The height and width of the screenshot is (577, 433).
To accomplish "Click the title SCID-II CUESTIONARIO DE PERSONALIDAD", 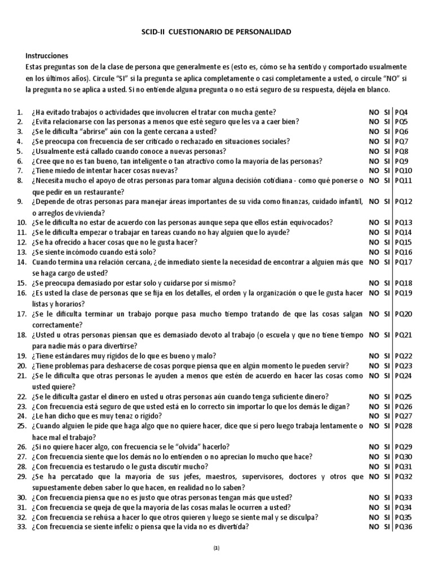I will pos(216,33).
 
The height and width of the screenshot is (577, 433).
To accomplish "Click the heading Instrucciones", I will pos(47,56).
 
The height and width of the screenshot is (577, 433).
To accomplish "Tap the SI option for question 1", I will pos(387,113).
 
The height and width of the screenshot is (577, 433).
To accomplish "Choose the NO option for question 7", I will pos(374,171).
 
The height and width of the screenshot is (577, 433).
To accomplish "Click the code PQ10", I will pos(404,171).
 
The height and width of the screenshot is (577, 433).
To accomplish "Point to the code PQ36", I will pos(404,527).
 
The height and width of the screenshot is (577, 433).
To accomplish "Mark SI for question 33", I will pos(387,527).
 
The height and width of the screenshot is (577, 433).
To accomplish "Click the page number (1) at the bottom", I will pos(216,548).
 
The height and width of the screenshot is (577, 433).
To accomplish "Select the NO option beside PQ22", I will pos(374,356).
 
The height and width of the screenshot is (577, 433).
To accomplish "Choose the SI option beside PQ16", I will pos(387,252).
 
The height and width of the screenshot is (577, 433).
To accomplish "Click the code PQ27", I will pos(404,416).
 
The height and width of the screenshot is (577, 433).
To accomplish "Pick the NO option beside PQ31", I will pos(374,467).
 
